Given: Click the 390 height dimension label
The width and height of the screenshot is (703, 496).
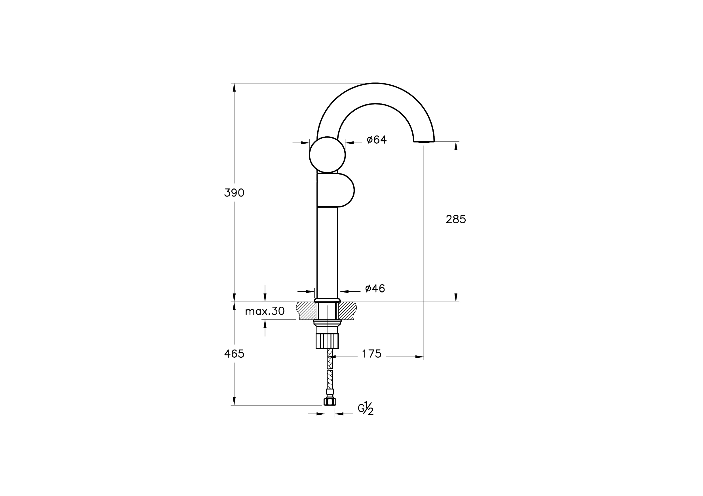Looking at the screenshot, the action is pos(234,193).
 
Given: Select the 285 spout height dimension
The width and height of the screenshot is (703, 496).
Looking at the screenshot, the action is pos(456,219).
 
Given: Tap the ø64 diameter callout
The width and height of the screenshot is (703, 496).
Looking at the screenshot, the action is pos(377,139).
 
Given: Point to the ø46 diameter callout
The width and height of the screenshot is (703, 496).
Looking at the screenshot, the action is pos(375,288).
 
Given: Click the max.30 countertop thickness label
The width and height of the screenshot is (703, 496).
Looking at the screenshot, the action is pos(265,311).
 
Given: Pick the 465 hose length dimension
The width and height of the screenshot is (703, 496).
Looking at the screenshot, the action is pos(234,354).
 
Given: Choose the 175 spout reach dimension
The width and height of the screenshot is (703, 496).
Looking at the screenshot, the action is pos(372,354).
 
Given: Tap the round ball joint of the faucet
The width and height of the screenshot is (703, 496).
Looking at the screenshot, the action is pos(327,155).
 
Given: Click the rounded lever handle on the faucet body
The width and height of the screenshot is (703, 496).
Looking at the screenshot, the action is pos(335,190).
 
